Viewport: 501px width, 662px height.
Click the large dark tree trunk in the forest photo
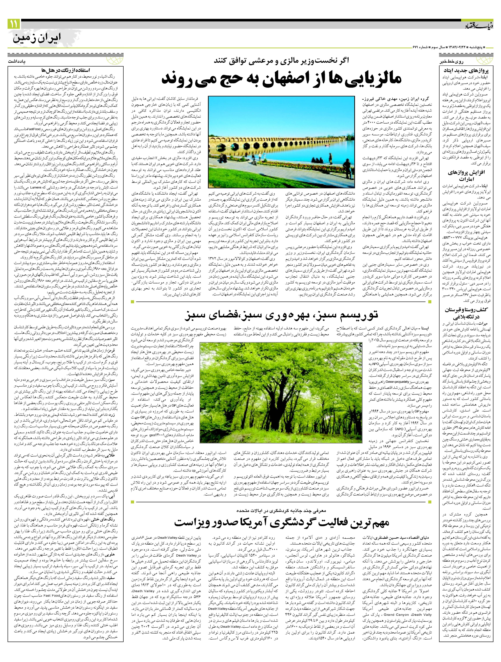click(281, 398)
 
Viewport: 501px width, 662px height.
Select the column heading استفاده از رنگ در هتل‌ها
click(66, 71)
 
